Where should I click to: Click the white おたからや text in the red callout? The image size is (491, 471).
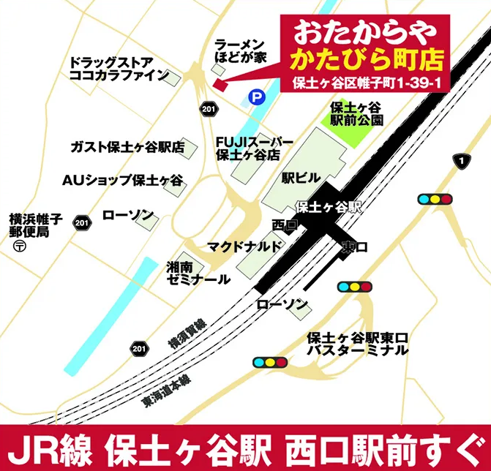(x=364, y=32)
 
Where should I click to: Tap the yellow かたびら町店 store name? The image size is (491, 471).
(x=364, y=58)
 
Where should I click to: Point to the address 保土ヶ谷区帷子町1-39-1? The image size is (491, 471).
(x=364, y=82)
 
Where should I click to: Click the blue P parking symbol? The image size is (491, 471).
(x=255, y=95)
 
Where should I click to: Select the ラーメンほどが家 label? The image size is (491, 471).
(x=239, y=50)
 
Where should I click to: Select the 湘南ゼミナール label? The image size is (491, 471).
(x=198, y=273)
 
